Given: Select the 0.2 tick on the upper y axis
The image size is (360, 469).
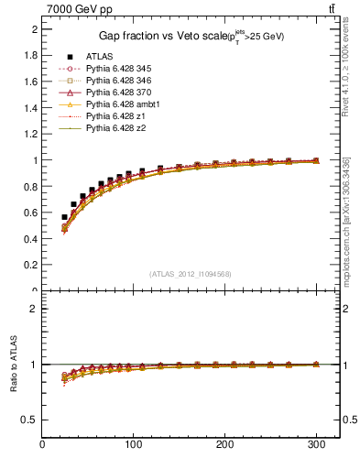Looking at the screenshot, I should (31, 265).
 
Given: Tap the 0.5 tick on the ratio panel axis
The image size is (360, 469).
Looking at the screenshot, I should (31, 420).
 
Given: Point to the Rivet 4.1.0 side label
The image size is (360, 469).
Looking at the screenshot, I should (346, 63).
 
